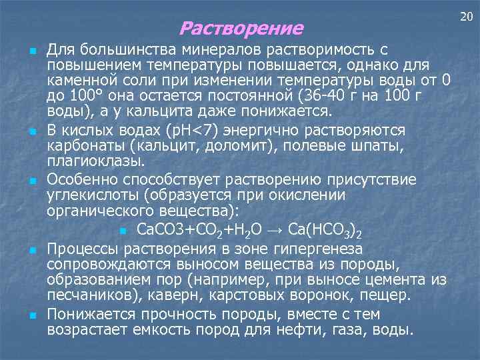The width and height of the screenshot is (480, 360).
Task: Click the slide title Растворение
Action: (241, 29)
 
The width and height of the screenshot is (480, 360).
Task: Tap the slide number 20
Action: (464, 15)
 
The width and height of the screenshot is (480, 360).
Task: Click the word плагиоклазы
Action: (96, 161)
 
